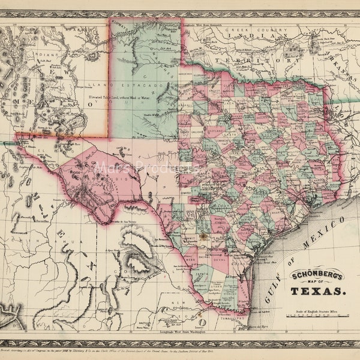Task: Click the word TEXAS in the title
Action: (318, 291)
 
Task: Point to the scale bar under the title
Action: (318, 316)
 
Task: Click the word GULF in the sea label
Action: (271, 292)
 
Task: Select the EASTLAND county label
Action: (214, 128)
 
